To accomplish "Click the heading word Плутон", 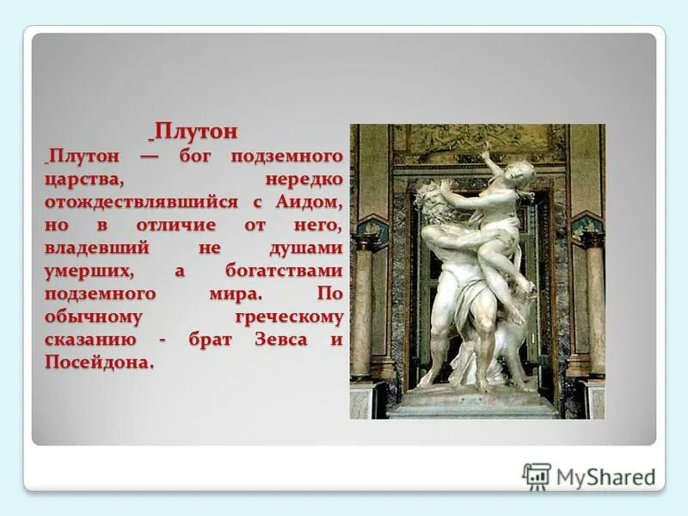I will point(194,132).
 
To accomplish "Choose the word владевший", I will point(97,249).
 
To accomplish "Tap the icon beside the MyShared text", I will point(537,476).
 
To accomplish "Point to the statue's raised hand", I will point(488,150).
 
